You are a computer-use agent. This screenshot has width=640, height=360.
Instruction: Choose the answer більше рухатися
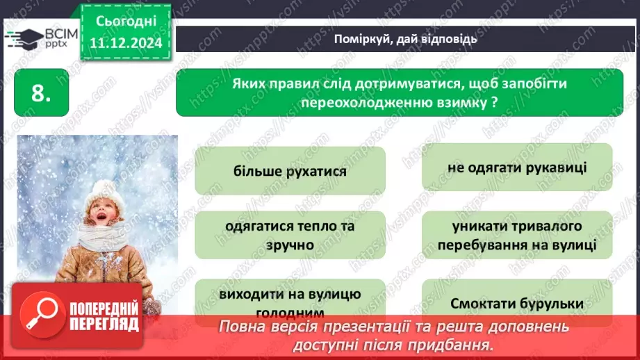point(290,170)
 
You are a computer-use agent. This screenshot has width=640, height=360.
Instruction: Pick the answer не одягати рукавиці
point(517,167)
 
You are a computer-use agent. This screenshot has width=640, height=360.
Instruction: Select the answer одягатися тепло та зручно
point(290,236)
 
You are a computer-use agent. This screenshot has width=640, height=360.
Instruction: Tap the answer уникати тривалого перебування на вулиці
point(517,236)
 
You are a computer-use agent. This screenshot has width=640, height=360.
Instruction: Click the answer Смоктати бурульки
point(517,304)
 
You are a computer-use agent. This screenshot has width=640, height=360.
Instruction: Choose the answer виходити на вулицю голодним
point(290,300)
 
